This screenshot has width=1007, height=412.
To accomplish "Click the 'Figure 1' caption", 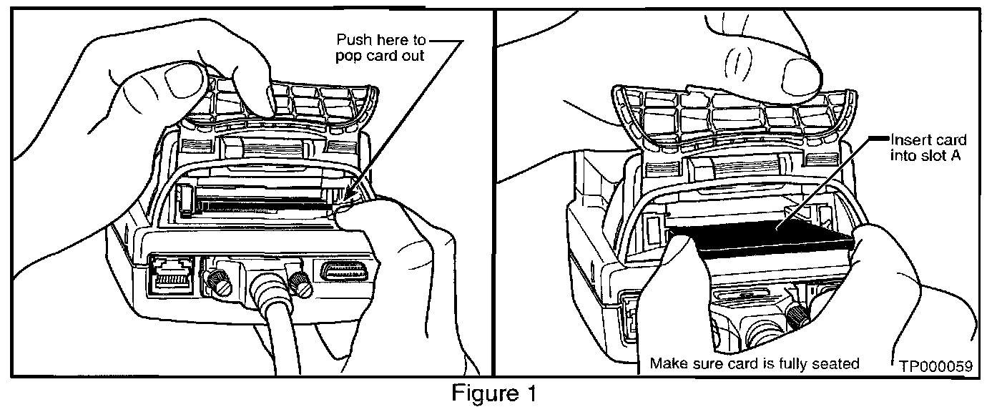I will [493, 393].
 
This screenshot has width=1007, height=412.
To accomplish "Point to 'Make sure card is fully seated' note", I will [755, 363].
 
